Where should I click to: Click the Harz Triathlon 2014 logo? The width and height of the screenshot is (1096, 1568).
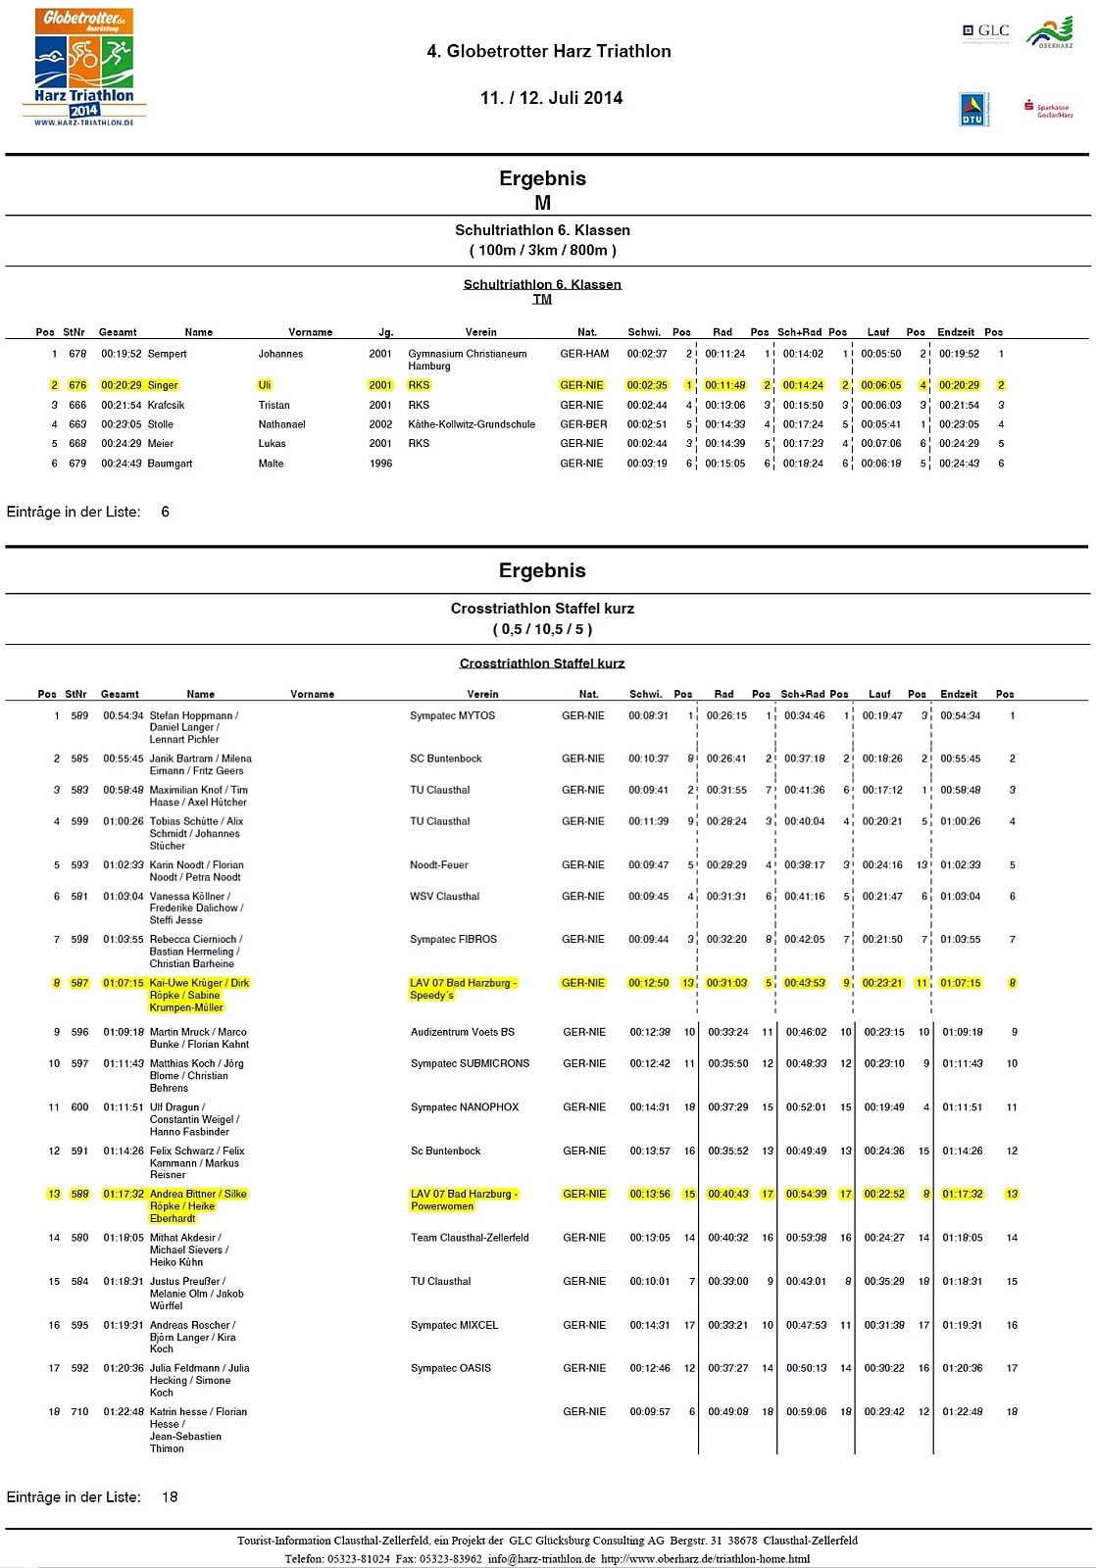tap(83, 68)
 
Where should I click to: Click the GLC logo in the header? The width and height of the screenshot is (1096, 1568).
tap(985, 31)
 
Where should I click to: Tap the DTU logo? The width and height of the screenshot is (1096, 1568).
tap(971, 109)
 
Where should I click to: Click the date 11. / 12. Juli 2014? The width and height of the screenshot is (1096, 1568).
tap(551, 98)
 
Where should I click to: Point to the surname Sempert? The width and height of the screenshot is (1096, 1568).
tap(167, 354)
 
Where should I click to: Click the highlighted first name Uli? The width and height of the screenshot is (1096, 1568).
tap(265, 385)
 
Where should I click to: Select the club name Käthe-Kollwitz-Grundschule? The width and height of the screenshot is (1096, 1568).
tap(472, 424)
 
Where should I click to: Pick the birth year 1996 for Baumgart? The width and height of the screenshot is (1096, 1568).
tap(380, 464)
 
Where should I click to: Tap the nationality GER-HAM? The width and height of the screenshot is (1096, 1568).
tap(584, 354)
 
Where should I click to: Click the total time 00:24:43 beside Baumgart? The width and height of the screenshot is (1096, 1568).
tap(121, 464)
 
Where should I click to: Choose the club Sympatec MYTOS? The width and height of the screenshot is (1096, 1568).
tap(452, 715)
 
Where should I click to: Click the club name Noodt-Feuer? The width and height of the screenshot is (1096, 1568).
tap(438, 865)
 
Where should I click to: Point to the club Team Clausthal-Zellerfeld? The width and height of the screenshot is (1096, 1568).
tap(470, 1238)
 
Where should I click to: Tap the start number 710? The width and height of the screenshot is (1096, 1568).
tap(79, 1412)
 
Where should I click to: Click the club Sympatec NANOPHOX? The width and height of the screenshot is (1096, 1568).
tap(465, 1107)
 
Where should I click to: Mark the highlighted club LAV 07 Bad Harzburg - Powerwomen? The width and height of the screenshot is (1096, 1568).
tap(463, 1200)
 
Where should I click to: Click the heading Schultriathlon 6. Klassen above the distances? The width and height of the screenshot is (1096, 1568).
tap(542, 230)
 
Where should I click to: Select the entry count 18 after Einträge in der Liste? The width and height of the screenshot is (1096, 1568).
tap(170, 1496)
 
